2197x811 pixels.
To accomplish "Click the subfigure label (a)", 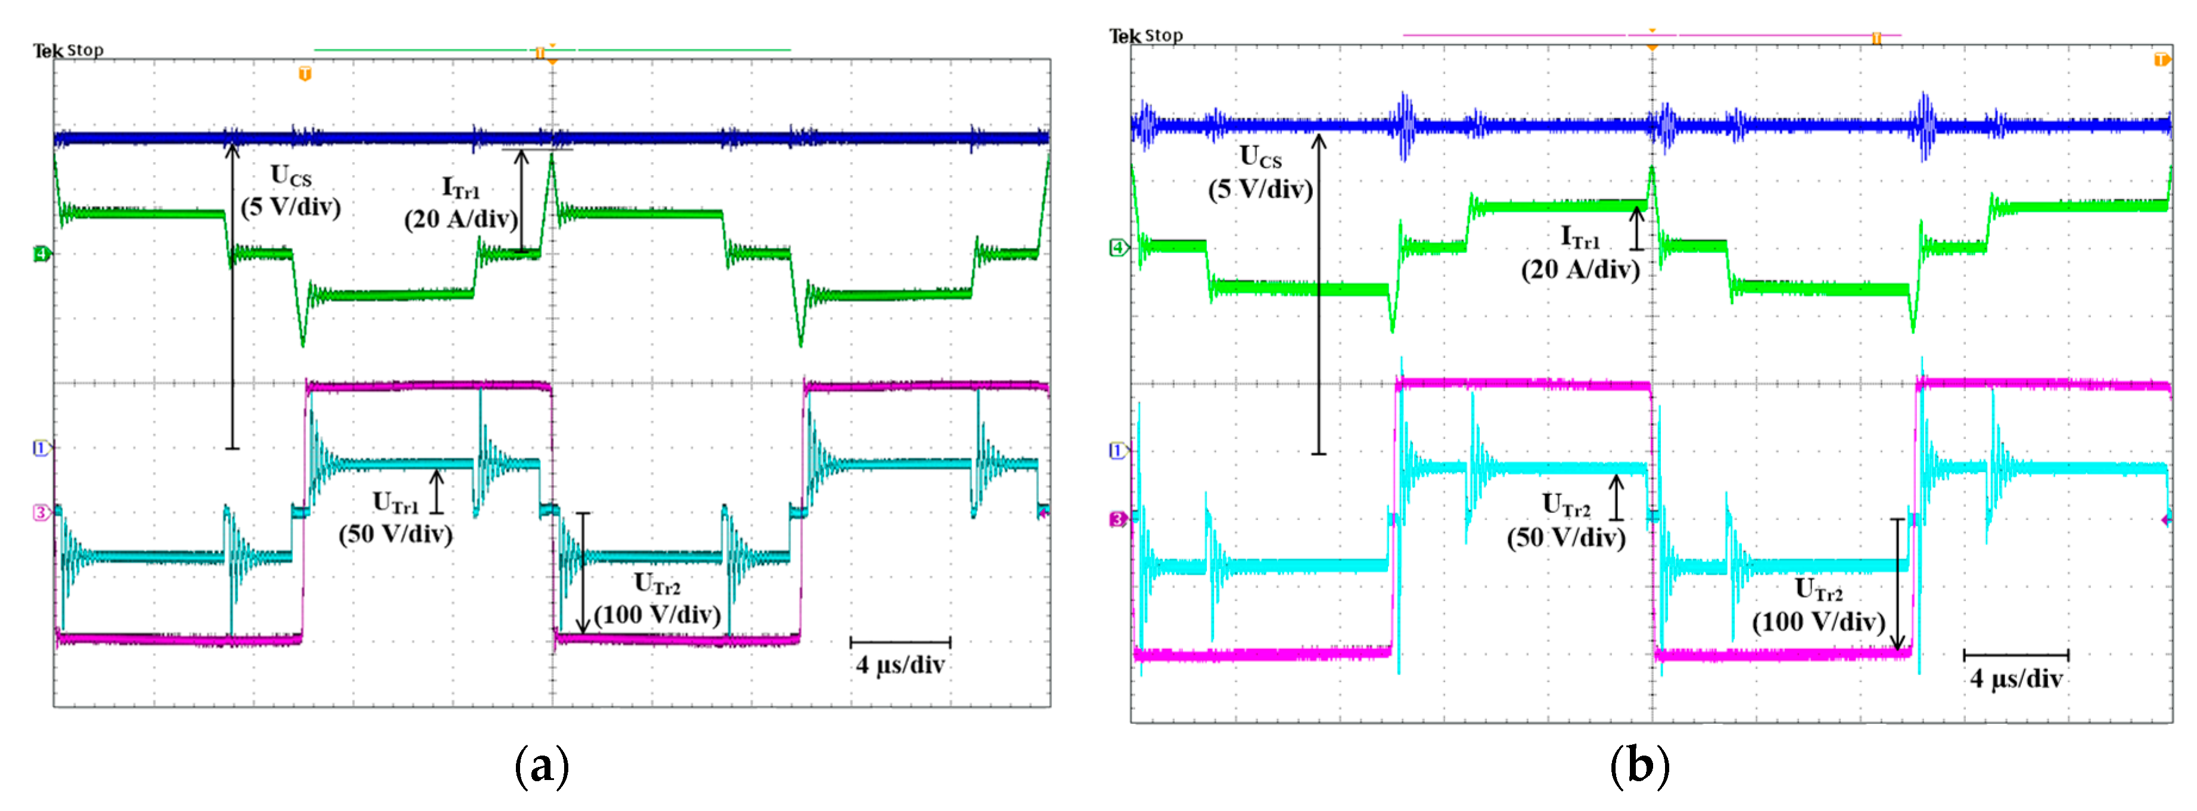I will (x=542, y=766).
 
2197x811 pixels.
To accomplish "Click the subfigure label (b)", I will (x=1639, y=766).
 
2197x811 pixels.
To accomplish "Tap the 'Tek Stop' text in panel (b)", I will (x=1146, y=36).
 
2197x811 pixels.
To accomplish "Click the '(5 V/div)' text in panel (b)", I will (x=1260, y=189).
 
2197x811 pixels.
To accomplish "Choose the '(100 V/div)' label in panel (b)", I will (x=1818, y=622).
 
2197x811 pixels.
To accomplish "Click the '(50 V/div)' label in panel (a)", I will (x=396, y=535).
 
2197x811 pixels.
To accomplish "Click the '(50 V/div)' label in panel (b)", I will (x=1566, y=538).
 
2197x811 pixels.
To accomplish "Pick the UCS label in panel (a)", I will (x=291, y=176).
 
